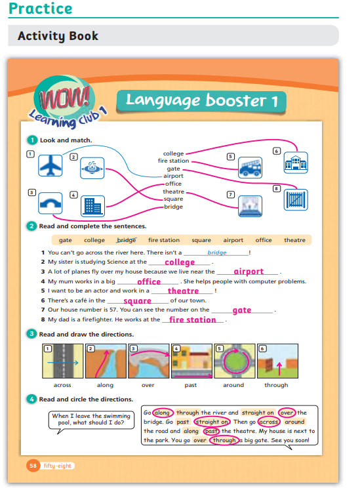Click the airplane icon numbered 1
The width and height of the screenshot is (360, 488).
point(50,165)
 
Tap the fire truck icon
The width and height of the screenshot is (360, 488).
point(250,167)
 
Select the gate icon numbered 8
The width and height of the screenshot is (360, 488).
point(296,200)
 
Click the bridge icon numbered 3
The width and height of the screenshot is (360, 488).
point(50,203)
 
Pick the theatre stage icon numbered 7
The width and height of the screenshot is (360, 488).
point(250,206)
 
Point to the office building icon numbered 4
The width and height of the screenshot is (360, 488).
point(92,206)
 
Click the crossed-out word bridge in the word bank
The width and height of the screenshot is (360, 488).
point(127,240)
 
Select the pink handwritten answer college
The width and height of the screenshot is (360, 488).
point(180,262)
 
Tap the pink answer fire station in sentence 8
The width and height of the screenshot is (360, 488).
point(192,319)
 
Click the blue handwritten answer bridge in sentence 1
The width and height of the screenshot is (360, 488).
point(217,253)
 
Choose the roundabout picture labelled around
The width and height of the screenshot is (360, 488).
point(235,361)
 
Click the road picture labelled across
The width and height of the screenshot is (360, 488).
point(63,361)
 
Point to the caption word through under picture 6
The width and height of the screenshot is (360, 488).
point(276,385)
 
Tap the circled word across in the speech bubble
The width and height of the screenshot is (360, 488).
point(269,422)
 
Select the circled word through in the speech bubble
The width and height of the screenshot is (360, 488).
point(224,440)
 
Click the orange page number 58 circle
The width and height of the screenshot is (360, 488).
point(33,466)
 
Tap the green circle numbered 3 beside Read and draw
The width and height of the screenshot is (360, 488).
point(31,334)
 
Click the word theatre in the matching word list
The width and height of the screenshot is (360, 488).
point(173,192)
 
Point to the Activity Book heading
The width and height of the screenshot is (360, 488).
point(58,36)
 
